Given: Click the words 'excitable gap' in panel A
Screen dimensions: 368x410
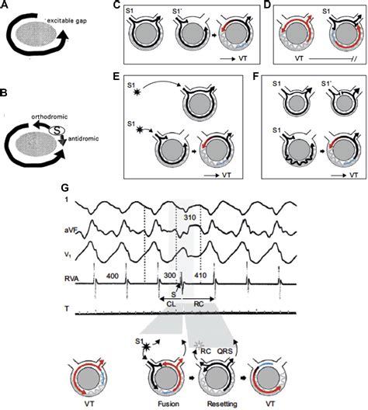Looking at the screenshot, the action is click(67, 21).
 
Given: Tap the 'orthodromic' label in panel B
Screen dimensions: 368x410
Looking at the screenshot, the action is click(50, 116).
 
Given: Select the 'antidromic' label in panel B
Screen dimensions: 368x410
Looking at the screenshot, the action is click(83, 138).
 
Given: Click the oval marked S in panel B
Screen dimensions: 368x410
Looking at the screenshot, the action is click(57, 130).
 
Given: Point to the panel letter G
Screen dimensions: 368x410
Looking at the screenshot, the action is click(64, 189).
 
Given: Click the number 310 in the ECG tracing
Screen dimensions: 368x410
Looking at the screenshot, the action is click(189, 217).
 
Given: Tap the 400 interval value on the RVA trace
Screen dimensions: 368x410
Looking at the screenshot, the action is click(112, 276).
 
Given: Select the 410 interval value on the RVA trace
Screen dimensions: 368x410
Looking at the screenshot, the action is click(200, 275).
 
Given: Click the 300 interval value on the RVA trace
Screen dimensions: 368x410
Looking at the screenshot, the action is click(170, 276).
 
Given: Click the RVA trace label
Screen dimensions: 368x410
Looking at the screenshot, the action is click(71, 279).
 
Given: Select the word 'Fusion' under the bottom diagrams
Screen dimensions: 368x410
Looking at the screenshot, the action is click(168, 404).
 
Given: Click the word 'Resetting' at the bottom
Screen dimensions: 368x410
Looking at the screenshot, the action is click(222, 404).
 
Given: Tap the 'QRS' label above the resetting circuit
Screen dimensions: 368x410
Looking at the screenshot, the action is click(225, 351).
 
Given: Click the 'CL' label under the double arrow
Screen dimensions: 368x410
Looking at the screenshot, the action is click(171, 304).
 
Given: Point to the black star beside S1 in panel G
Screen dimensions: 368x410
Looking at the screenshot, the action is click(146, 347).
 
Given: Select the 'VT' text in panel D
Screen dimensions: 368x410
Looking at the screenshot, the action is click(299, 58).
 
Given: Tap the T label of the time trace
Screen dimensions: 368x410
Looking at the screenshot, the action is click(67, 309).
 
